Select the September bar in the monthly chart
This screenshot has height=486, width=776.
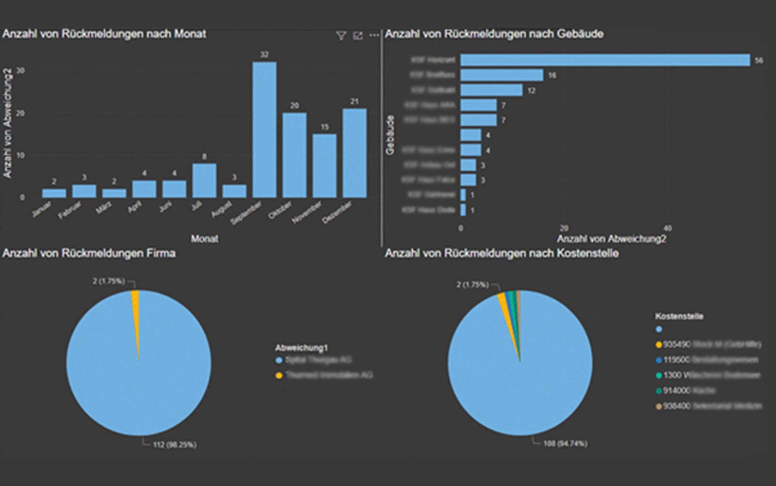click(264, 130)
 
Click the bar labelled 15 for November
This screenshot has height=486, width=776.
click(324, 166)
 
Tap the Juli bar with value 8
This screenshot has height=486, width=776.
click(204, 180)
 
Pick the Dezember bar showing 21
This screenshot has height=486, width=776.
click(355, 153)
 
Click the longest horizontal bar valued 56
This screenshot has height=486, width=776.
click(605, 60)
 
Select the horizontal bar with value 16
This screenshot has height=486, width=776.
click(501, 75)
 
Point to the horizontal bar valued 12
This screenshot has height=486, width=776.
click(491, 90)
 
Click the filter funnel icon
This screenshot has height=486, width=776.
click(341, 35)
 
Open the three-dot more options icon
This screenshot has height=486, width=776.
click(374, 35)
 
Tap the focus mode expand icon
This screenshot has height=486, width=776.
click(358, 35)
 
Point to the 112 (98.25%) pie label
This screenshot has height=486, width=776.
click(175, 444)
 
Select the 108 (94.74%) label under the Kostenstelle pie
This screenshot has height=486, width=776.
click(565, 443)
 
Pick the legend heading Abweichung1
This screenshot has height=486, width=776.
click(302, 348)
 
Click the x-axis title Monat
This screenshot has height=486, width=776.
click(204, 239)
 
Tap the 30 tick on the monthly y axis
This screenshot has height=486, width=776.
click(20, 70)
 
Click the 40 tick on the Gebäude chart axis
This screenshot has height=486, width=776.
click(667, 228)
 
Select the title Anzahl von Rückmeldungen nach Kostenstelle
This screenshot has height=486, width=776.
click(501, 253)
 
